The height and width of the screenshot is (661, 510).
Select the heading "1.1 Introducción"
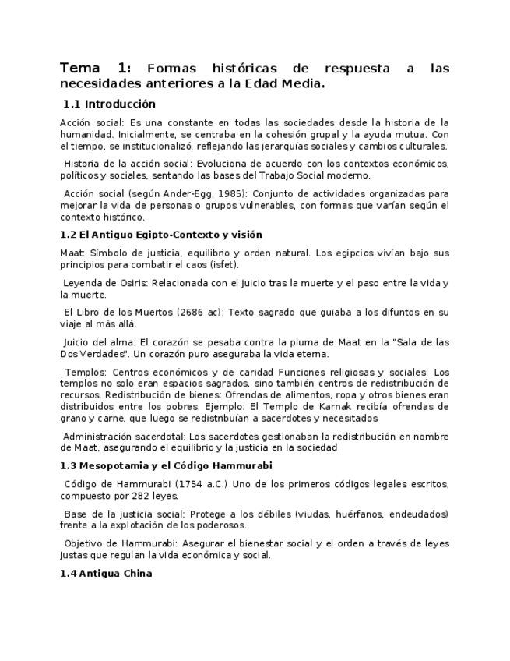[109, 104]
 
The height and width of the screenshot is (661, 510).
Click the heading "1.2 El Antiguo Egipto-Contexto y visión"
[160, 235]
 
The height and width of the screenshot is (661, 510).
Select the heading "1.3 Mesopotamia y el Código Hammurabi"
[166, 466]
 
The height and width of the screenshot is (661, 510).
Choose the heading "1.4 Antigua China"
[106, 574]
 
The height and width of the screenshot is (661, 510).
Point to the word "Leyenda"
[82, 283]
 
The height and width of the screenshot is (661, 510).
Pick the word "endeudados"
[422, 514]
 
